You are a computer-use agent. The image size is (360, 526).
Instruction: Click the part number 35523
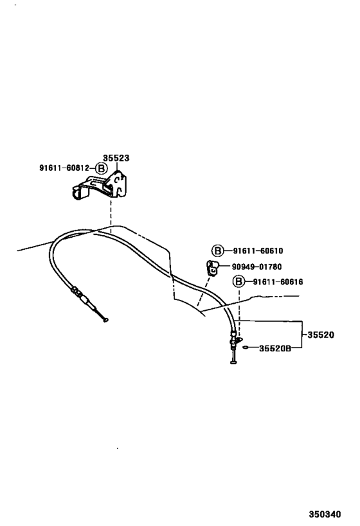click(x=116, y=157)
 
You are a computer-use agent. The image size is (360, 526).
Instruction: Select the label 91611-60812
click(x=64, y=168)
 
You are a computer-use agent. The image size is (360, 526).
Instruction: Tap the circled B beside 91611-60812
click(x=101, y=168)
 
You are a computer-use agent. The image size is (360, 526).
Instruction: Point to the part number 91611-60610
click(x=258, y=250)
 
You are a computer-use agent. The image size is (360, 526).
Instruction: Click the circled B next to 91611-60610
click(x=217, y=250)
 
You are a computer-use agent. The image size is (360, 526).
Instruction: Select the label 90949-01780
click(x=256, y=267)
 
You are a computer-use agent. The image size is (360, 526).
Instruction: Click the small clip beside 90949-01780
click(x=212, y=268)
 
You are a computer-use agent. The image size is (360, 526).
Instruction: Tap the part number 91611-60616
click(x=278, y=282)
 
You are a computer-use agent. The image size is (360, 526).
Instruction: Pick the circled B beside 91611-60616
click(x=239, y=281)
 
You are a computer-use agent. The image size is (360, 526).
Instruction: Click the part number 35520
click(x=321, y=335)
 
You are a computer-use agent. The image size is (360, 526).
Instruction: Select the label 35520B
click(x=275, y=349)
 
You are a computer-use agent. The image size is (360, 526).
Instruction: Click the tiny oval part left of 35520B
click(x=246, y=347)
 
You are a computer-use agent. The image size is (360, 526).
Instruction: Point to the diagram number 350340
click(x=325, y=514)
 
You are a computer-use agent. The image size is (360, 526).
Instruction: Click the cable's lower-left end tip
click(x=106, y=320)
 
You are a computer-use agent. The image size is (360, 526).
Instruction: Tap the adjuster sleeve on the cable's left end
click(x=80, y=295)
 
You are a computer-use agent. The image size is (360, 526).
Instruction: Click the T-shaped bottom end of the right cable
click(x=234, y=362)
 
